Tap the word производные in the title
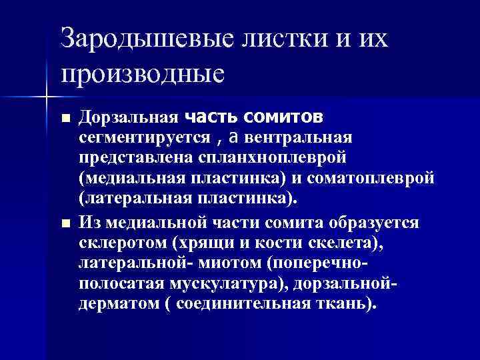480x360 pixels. pyautogui.click(x=142, y=72)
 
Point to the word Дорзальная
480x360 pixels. pyautogui.click(x=127, y=119)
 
